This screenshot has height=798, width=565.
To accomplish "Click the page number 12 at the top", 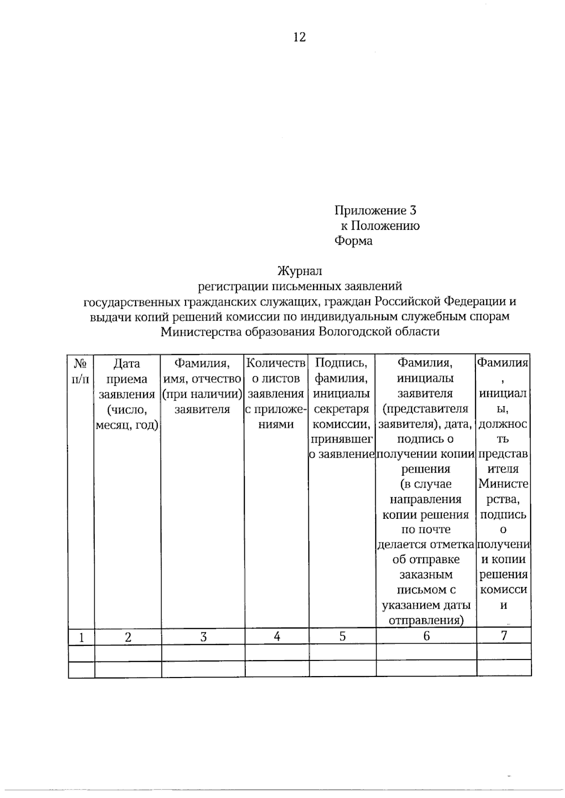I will (299, 37).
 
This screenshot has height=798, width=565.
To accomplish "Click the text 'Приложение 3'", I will (375, 210).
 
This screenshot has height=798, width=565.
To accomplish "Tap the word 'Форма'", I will (353, 241).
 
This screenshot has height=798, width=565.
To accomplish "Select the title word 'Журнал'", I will (299, 271).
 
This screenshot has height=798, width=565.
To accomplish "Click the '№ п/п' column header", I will (81, 371).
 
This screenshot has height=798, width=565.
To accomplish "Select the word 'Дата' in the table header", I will (127, 363).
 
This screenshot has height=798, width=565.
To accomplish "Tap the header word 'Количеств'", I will (276, 363).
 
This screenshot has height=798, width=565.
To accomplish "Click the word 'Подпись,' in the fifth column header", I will (341, 363).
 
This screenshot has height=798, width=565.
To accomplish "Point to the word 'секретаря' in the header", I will (341, 409).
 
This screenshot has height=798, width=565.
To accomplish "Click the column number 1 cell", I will (81, 637).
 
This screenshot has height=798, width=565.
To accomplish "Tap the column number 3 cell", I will (203, 637).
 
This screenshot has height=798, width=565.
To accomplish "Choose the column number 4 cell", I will (277, 636).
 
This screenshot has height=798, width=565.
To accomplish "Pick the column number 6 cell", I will (426, 636).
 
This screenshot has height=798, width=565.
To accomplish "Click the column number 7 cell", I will (504, 636).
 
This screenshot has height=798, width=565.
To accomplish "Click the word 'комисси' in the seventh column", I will (503, 590).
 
